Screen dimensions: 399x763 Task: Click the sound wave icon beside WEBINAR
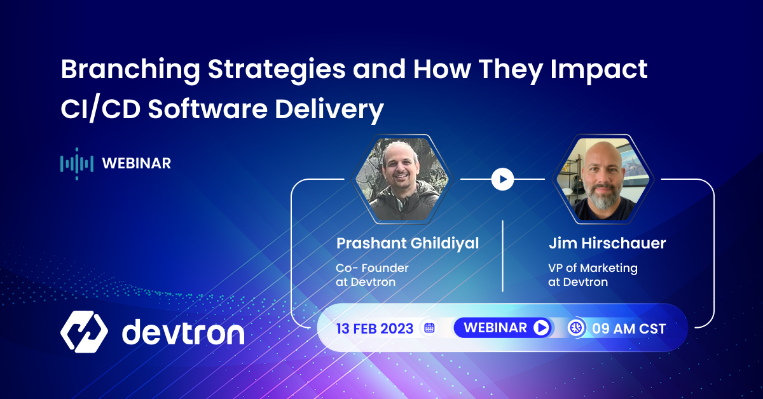76,163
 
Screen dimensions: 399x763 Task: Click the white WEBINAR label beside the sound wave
136,163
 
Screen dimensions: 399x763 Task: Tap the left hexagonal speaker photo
402,179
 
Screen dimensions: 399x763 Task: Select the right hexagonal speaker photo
602,179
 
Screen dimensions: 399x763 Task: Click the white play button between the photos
502,179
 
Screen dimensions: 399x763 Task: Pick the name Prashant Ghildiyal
408,243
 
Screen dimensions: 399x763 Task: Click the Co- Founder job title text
372,268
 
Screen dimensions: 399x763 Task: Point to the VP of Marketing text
593,268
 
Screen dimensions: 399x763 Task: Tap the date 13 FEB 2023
375,328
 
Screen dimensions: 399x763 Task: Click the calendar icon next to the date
429,328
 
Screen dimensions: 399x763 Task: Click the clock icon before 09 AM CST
576,328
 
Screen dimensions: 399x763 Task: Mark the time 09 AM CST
629,328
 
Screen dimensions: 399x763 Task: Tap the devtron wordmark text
182,332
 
